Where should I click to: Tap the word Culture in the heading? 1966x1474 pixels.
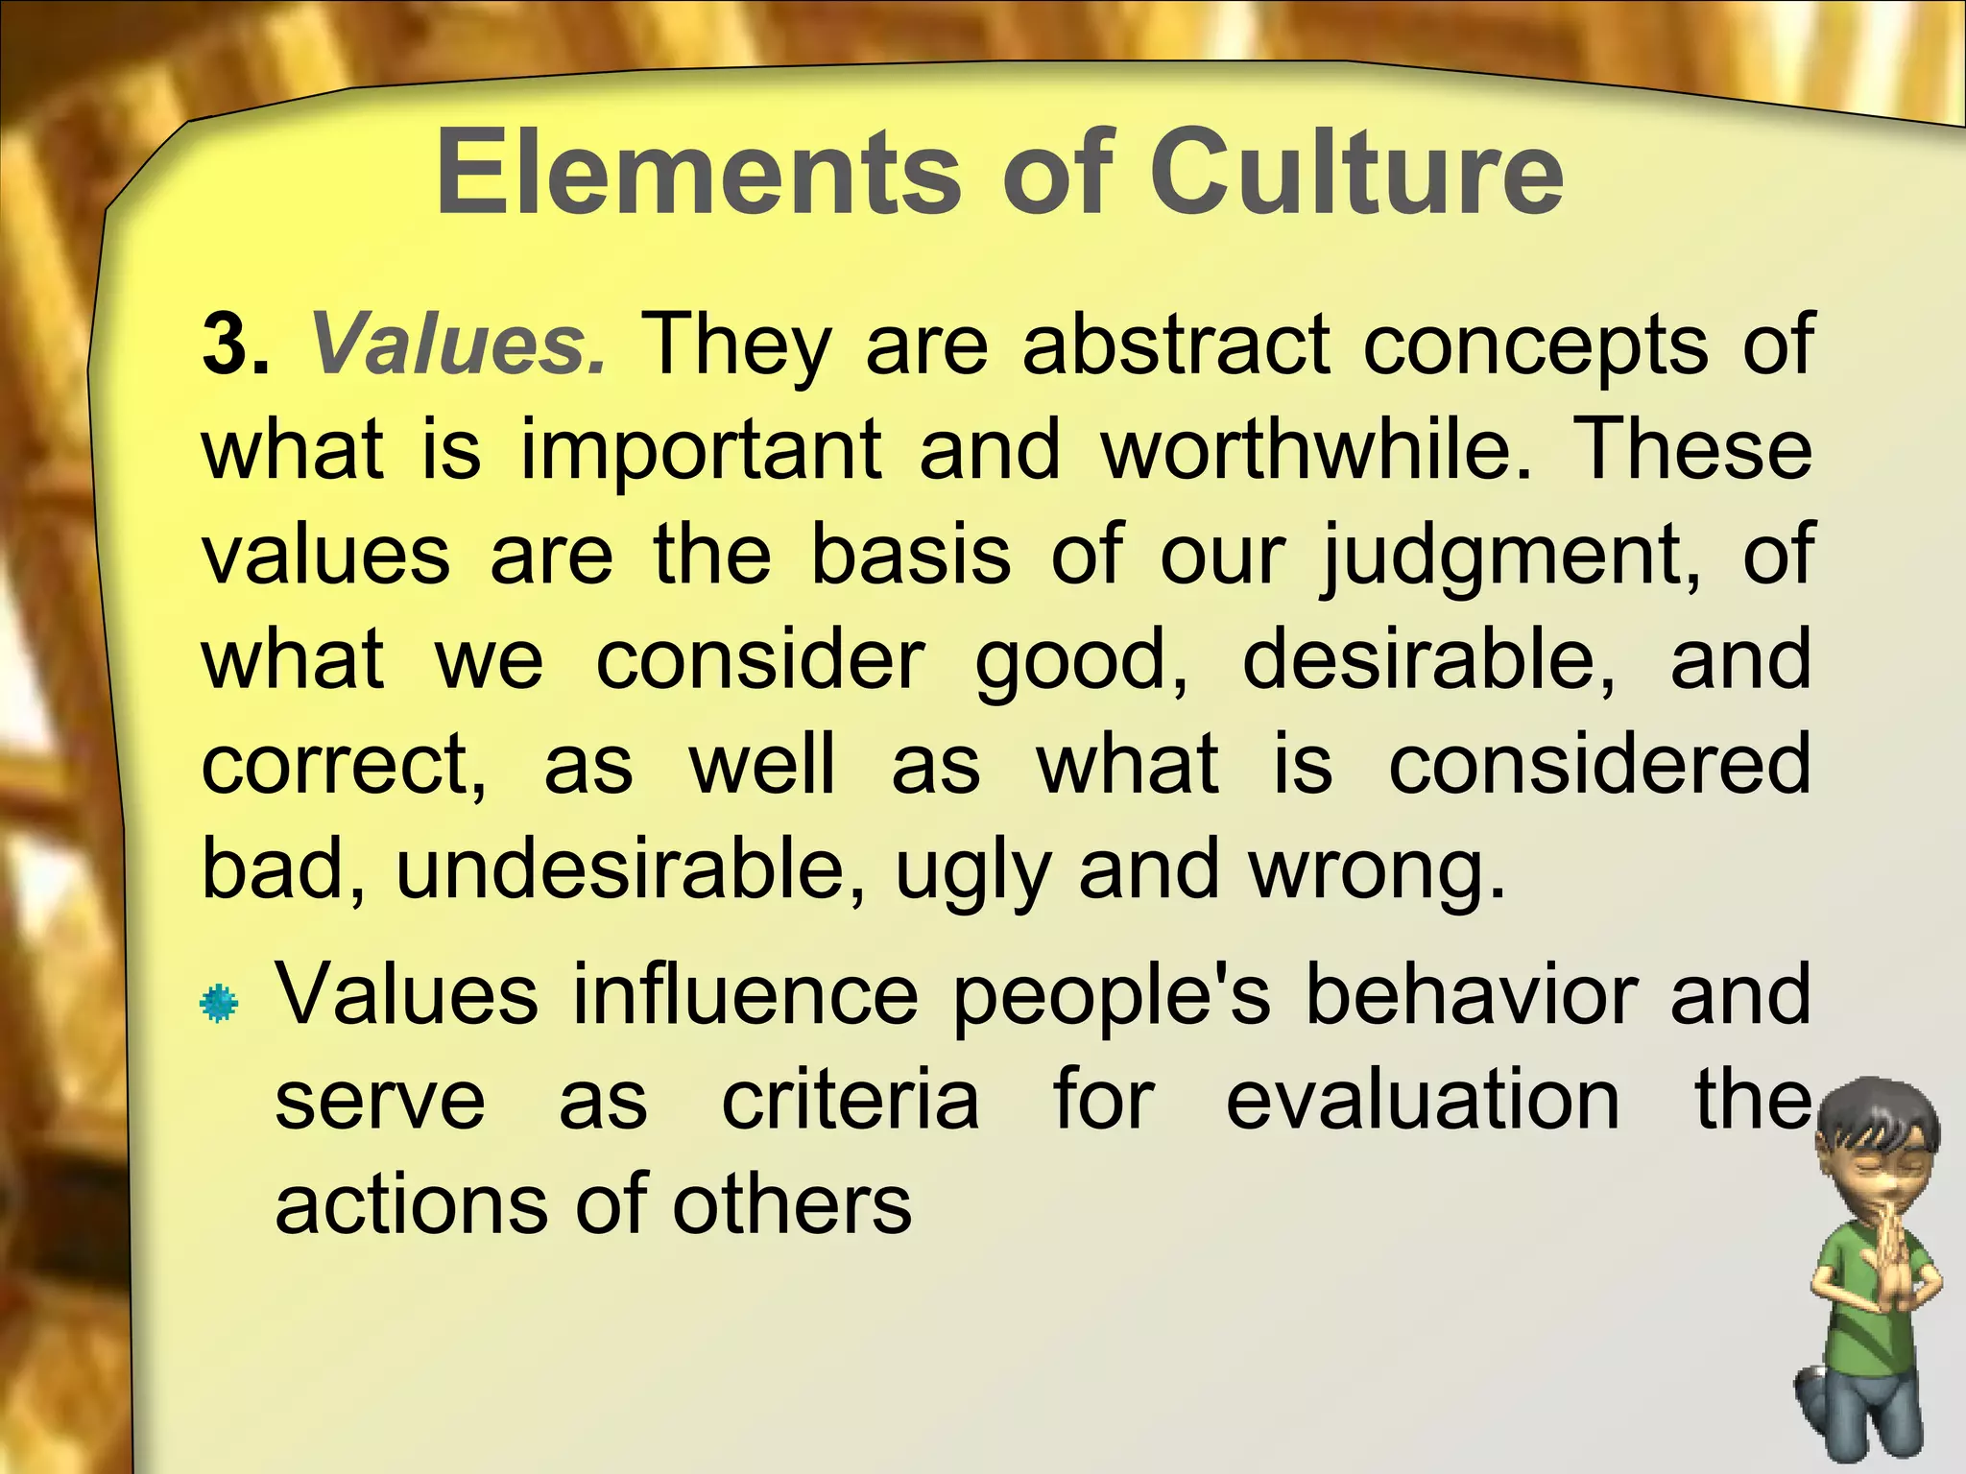click(1356, 175)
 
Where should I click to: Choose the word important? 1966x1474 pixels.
click(701, 451)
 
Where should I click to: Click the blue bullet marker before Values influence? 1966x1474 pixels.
click(219, 1003)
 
